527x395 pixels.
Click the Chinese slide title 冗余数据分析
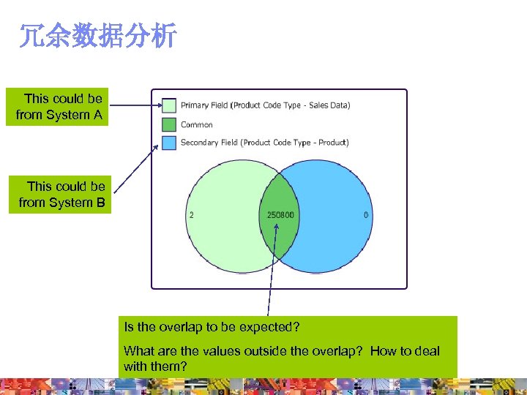click(97, 36)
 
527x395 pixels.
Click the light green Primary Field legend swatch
click(169, 105)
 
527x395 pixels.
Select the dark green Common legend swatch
click(169, 124)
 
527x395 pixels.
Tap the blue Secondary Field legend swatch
click(169, 143)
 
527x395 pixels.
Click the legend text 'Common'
click(197, 125)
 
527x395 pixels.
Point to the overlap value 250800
click(278, 215)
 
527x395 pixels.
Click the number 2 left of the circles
click(192, 215)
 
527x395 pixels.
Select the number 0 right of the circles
click(366, 215)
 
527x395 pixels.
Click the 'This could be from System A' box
click(58, 107)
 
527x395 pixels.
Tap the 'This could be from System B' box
click(61, 195)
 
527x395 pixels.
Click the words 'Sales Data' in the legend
click(329, 105)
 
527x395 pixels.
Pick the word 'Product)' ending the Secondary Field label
click(334, 143)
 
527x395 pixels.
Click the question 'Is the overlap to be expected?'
click(213, 327)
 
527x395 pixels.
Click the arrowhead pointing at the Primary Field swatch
click(158, 106)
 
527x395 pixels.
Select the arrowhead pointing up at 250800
click(276, 226)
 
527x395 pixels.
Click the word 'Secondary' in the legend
click(198, 143)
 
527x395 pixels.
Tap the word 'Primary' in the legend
click(194, 105)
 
